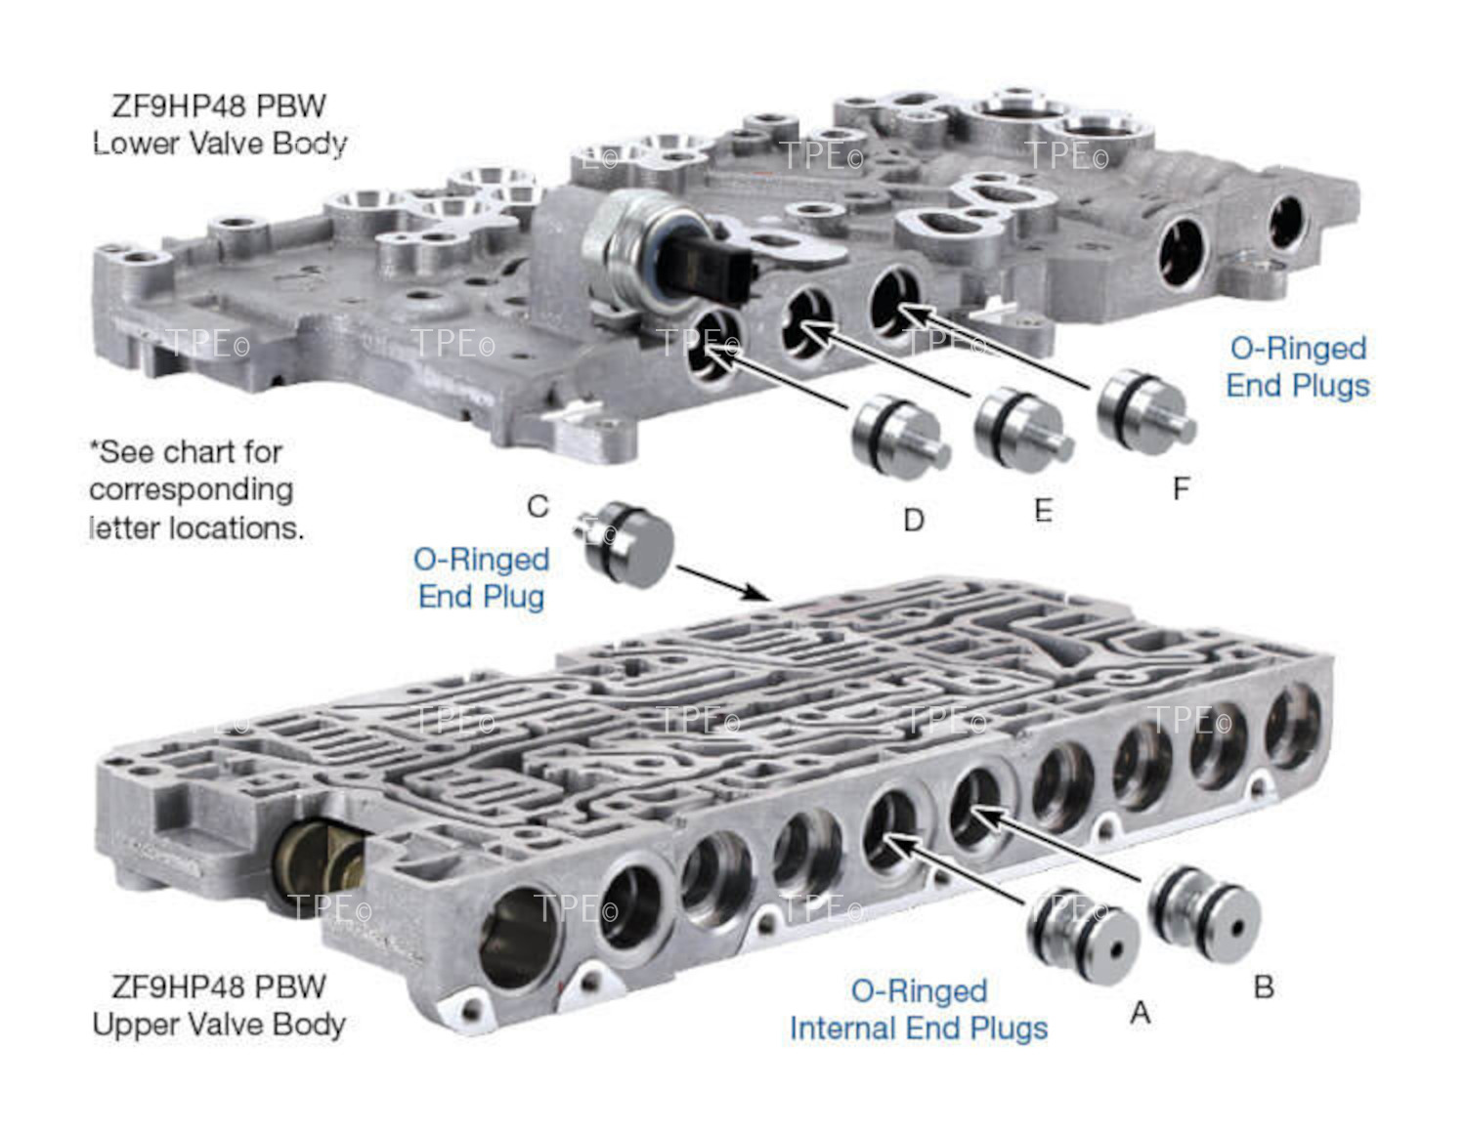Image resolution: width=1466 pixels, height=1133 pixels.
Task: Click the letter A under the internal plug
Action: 1140,1014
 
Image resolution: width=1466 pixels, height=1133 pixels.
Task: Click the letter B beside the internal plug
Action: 1263,987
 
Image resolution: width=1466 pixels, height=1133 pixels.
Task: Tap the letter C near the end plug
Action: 538,506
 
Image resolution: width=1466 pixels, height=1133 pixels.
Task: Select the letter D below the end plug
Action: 914,520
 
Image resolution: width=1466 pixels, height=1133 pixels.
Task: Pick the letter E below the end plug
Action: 1043,510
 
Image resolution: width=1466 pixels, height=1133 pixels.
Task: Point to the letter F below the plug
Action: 1181,488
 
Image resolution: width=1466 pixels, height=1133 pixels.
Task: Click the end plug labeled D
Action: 895,438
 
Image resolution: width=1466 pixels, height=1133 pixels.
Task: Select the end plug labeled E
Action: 1021,427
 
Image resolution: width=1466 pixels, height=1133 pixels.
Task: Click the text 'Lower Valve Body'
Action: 220,144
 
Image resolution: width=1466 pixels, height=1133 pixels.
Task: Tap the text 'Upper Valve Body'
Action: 219,1025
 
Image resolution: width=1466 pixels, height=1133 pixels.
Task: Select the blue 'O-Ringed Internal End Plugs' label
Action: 919,1010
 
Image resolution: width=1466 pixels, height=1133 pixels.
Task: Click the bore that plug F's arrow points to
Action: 893,299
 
